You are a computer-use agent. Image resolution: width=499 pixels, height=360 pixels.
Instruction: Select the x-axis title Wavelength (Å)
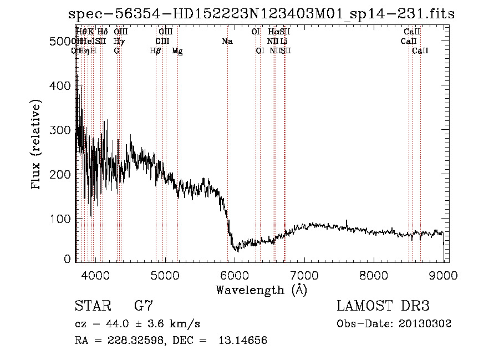coord(261,290)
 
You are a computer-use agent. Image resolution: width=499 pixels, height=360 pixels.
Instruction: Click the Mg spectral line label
coord(177,51)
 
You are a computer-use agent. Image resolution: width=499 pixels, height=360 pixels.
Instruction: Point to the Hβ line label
coord(156,51)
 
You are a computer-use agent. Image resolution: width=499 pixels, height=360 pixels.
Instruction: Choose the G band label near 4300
coord(116,51)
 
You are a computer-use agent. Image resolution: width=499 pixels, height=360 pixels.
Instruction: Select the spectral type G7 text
coord(144,306)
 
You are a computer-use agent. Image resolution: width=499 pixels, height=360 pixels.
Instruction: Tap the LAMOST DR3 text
coord(383,306)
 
